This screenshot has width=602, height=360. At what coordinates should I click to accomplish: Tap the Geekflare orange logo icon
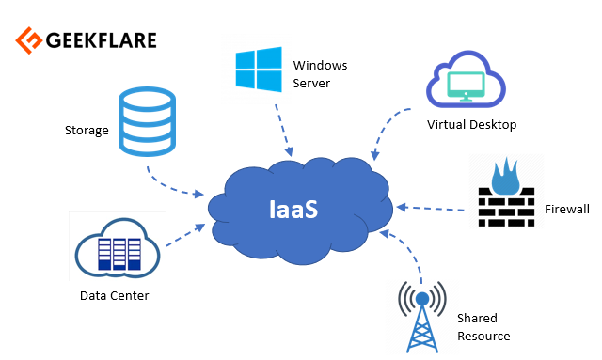click(27, 40)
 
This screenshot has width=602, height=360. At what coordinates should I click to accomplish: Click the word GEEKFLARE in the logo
click(100, 40)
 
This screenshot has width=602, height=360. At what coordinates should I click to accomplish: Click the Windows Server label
click(320, 74)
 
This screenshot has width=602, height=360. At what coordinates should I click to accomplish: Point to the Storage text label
click(87, 130)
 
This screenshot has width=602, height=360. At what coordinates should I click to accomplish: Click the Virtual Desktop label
click(471, 124)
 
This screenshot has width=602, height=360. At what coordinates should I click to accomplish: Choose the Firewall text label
click(567, 209)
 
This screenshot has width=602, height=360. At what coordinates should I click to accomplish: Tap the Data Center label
click(115, 296)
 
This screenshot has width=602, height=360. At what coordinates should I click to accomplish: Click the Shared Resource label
click(483, 327)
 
